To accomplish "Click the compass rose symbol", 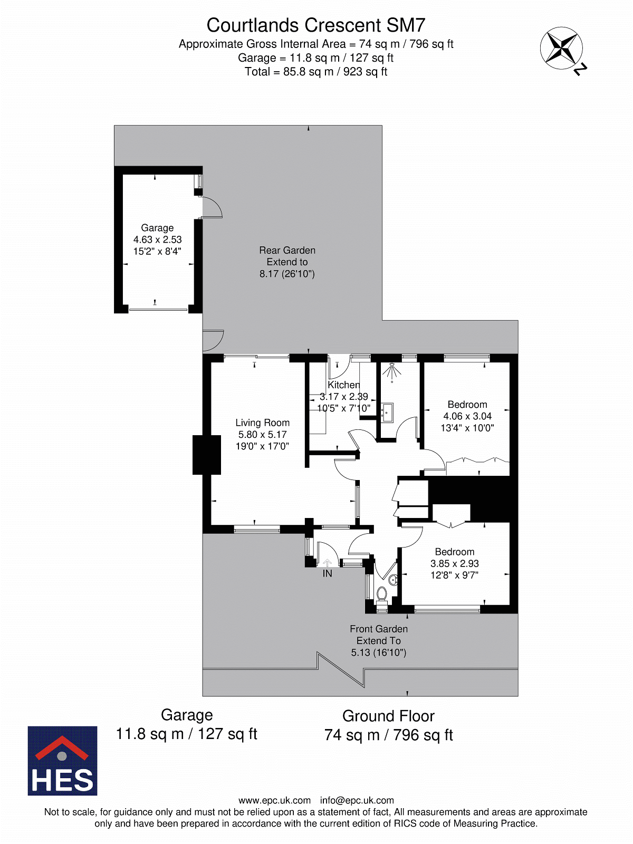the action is [561, 48].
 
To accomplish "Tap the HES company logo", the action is [62, 761].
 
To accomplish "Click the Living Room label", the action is [263, 423].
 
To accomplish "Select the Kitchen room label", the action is [343, 385].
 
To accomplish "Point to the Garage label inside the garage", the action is [157, 228].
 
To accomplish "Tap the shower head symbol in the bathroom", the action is [391, 370].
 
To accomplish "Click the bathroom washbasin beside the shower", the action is [387, 413].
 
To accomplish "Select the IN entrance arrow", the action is [327, 563].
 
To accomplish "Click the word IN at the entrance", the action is [327, 573].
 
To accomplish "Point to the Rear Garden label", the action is [287, 251].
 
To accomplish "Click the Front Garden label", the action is [379, 629].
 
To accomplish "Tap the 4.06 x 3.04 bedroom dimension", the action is [467, 416].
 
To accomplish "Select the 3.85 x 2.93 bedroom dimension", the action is [454, 563].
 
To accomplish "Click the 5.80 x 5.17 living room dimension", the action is [263, 435].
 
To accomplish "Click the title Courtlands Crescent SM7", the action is [316, 25].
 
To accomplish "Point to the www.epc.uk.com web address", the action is [274, 801].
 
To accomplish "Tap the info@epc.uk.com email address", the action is [357, 801].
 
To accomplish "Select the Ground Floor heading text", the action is [388, 716].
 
